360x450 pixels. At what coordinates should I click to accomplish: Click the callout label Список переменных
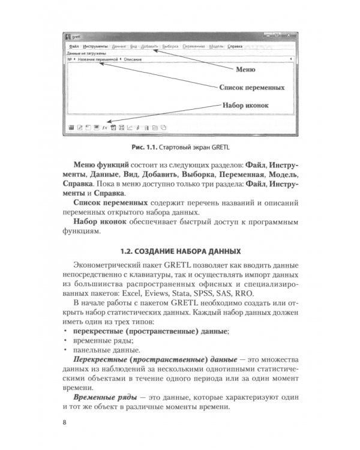(251, 88)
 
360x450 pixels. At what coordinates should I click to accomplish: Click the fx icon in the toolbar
(104, 128)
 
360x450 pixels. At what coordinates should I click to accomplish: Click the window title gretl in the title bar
(76, 37)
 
